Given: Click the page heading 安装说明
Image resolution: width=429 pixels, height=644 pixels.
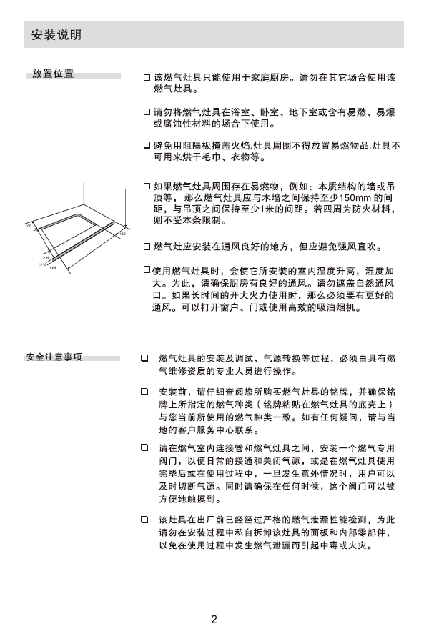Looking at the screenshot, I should click(56, 35).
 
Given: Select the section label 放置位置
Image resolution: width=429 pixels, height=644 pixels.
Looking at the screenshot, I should click(52, 74).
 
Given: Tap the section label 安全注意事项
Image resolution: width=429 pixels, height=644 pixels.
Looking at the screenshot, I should click(53, 357).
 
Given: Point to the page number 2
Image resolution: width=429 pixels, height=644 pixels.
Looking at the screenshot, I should click(214, 619).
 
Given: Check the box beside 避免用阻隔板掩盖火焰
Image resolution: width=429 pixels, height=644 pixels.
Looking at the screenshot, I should click(147, 144).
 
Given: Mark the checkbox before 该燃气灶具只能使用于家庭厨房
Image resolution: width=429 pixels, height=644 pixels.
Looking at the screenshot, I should click(147, 76).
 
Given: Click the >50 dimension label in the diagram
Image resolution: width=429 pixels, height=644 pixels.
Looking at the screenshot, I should click(46, 256).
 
